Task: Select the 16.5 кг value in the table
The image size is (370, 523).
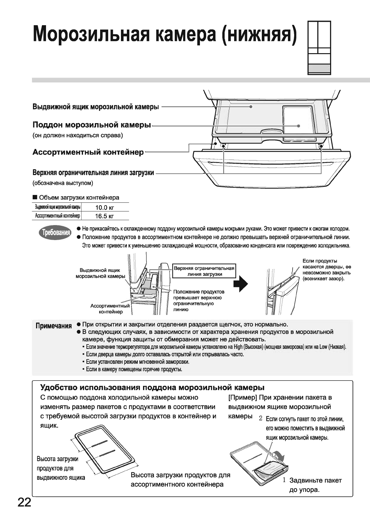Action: point(104,216)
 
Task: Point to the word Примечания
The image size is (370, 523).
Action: point(53,326)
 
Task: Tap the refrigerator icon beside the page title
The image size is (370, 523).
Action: point(319,48)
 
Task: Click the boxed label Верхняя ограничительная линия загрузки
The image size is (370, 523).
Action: point(204,271)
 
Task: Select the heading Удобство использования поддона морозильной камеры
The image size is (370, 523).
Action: point(152,387)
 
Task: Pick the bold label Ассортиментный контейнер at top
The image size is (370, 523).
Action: point(88,152)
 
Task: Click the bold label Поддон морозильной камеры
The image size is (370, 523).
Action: point(92,125)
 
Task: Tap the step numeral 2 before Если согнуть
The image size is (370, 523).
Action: point(261,419)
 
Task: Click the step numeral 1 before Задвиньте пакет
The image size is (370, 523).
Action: point(284,480)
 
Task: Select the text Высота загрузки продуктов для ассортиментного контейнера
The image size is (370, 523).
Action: point(180,479)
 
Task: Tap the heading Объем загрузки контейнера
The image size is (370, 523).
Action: point(79,198)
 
